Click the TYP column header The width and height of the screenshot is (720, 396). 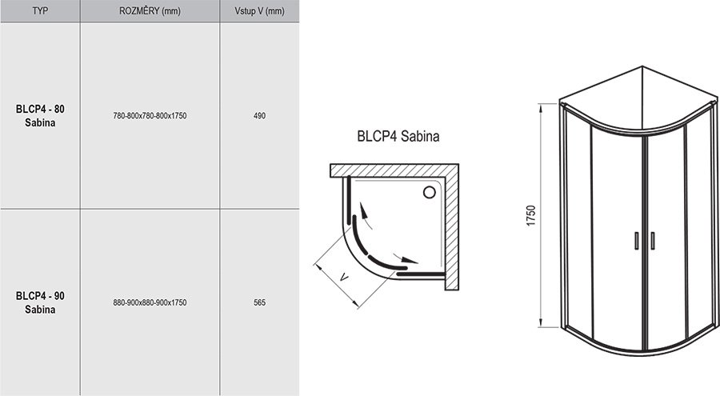pos(40,11)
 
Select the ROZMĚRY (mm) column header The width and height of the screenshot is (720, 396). pos(150,11)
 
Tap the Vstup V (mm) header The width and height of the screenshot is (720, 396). pos(258,11)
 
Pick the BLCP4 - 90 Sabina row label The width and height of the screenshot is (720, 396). pos(40,302)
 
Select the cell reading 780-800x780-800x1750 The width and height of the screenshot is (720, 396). pos(150,117)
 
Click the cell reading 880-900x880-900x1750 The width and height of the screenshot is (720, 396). pos(150,302)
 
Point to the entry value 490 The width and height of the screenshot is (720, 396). pos(258,117)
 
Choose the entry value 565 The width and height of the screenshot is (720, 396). pos(258,302)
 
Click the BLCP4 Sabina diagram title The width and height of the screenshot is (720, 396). pos(398,136)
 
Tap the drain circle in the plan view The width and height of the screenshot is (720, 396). pos(429,192)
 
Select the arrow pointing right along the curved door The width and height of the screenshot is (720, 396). pos(410,261)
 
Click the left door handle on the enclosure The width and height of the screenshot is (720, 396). pos(636,239)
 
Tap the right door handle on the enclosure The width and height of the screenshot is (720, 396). pos(652,239)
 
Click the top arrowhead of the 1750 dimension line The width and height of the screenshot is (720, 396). pos(539,107)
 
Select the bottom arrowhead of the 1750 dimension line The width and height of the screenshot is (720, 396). pos(539,324)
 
